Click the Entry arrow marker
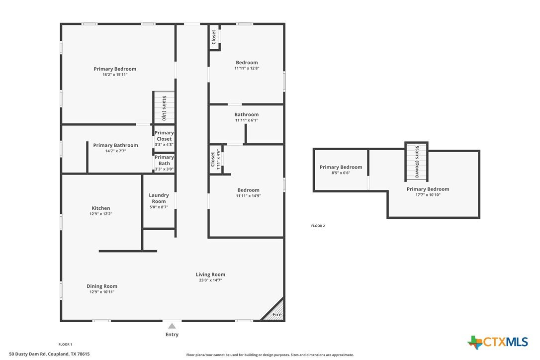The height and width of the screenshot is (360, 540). (x=172, y=326)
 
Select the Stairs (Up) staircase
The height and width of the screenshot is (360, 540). (x=164, y=107)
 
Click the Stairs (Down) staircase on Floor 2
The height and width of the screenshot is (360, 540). (x=416, y=162)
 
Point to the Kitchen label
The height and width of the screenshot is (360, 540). (x=101, y=208)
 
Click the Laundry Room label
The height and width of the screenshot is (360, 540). (x=159, y=198)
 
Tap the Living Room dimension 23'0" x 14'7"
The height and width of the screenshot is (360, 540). (x=210, y=280)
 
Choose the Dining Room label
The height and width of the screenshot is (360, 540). (x=102, y=286)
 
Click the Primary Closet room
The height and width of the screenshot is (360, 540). (x=164, y=138)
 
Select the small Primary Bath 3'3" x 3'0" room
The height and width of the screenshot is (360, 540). (x=164, y=163)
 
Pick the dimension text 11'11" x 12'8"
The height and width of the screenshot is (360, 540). (x=247, y=68)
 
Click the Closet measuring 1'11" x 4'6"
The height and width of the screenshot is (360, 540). (x=216, y=159)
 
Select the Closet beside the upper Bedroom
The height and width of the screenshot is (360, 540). (x=214, y=37)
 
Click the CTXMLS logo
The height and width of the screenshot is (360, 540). (x=498, y=342)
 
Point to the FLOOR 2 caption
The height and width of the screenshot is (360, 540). (x=318, y=226)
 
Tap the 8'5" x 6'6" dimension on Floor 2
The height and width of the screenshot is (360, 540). (x=341, y=173)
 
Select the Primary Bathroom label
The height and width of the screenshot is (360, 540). (x=115, y=145)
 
